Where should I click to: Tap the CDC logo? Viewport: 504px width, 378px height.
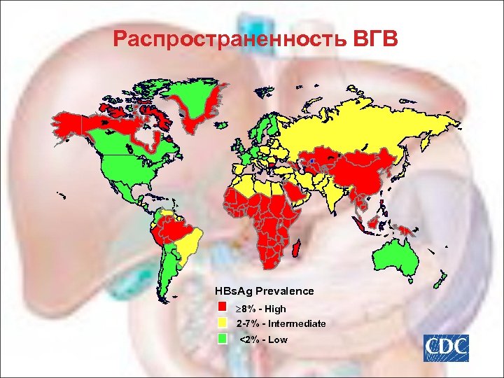pyautogui.click(x=444, y=348)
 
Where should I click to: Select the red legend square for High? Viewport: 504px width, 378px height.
pyautogui.click(x=223, y=308)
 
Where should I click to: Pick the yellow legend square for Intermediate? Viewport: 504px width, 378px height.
pyautogui.click(x=223, y=323)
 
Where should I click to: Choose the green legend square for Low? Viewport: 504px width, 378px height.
pyautogui.click(x=223, y=339)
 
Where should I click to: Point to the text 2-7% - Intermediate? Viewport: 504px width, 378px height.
pyautogui.click(x=281, y=323)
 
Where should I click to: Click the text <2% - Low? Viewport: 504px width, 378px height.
pyautogui.click(x=263, y=339)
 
